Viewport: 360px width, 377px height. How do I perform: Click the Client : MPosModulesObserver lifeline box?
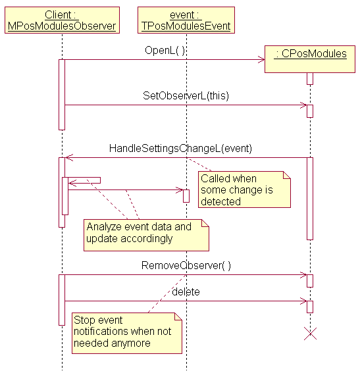[62, 20]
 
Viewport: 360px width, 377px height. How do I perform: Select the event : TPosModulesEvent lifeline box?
[186, 20]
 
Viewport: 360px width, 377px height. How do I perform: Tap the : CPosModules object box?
[310, 59]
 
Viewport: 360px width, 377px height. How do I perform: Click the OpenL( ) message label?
[165, 51]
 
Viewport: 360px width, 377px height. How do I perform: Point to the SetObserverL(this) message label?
[186, 95]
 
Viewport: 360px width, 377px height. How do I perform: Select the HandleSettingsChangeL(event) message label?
[180, 148]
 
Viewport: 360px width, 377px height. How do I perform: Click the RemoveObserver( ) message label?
[186, 265]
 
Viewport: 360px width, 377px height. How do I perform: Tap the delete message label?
[186, 291]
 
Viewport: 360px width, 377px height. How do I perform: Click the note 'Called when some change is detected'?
[244, 189]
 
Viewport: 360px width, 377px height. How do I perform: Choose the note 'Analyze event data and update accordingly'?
[146, 235]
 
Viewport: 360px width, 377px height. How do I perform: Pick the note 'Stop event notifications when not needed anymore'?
[127, 333]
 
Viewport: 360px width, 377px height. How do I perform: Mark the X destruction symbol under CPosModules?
[310, 334]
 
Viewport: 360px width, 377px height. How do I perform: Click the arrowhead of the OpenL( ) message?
[262, 60]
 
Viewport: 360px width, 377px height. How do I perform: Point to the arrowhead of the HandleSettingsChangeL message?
[69, 158]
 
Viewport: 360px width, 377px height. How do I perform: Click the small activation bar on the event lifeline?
[186, 196]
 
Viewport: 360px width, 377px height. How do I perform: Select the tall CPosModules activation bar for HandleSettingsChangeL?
[310, 199]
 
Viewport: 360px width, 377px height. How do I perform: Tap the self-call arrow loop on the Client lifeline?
[84, 180]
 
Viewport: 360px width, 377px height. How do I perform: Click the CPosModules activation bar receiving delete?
[310, 307]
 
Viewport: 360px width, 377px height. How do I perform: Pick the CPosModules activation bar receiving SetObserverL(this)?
[310, 111]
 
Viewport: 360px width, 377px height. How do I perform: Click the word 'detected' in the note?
[220, 201]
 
